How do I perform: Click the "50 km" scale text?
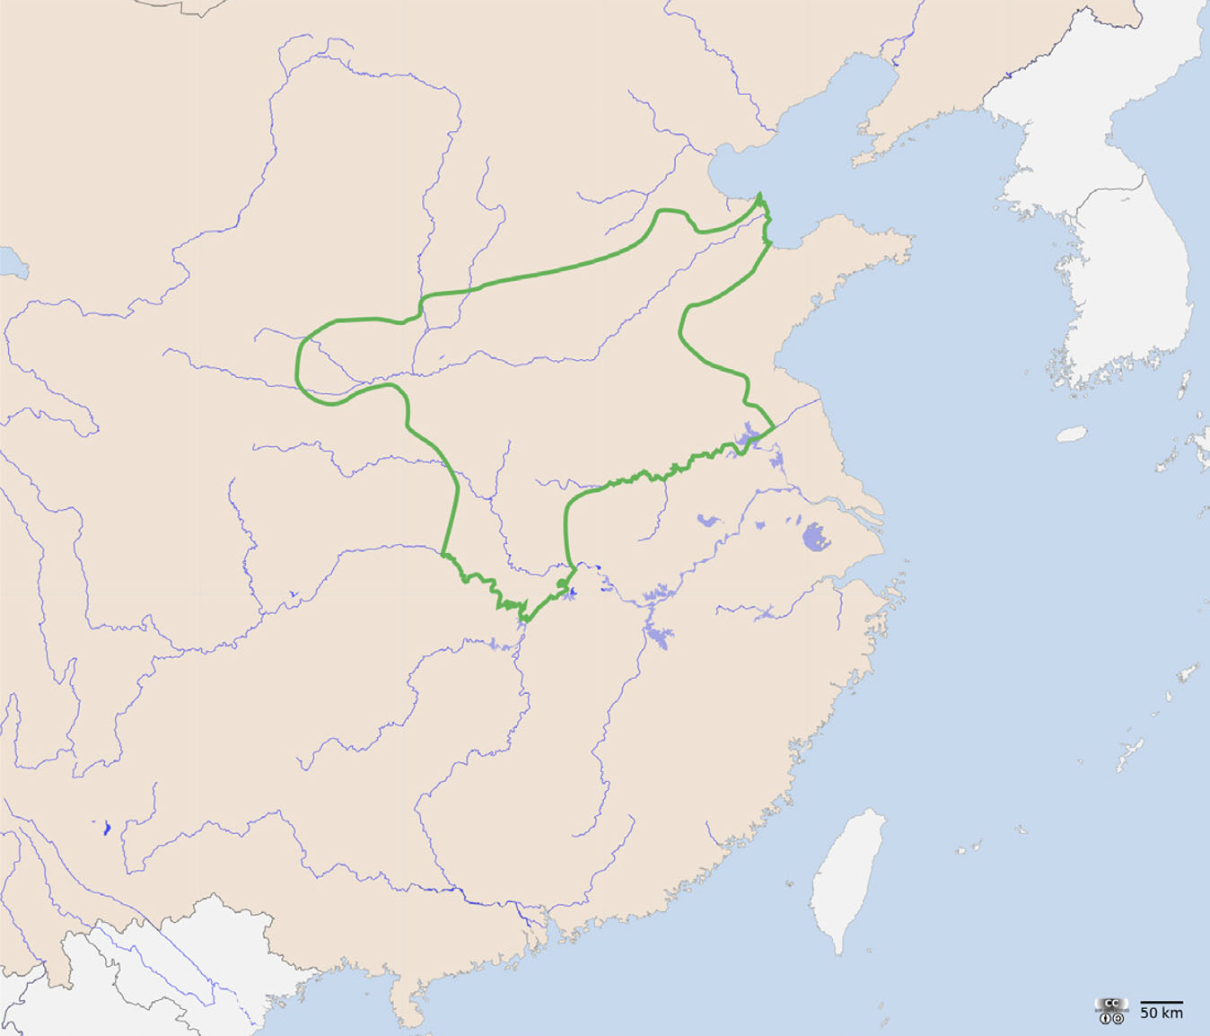(x=1161, y=1013)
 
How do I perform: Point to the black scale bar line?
(x=1161, y=1002)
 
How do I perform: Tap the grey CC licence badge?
(x=1111, y=1005)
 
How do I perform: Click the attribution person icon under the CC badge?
(x=1105, y=1018)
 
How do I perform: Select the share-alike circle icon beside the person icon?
(x=1118, y=1018)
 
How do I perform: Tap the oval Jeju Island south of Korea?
(x=1072, y=435)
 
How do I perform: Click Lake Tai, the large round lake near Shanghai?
(x=816, y=537)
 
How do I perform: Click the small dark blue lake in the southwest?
(x=106, y=828)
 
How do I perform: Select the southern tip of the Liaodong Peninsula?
(x=856, y=162)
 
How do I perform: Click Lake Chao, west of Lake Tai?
(x=709, y=520)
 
